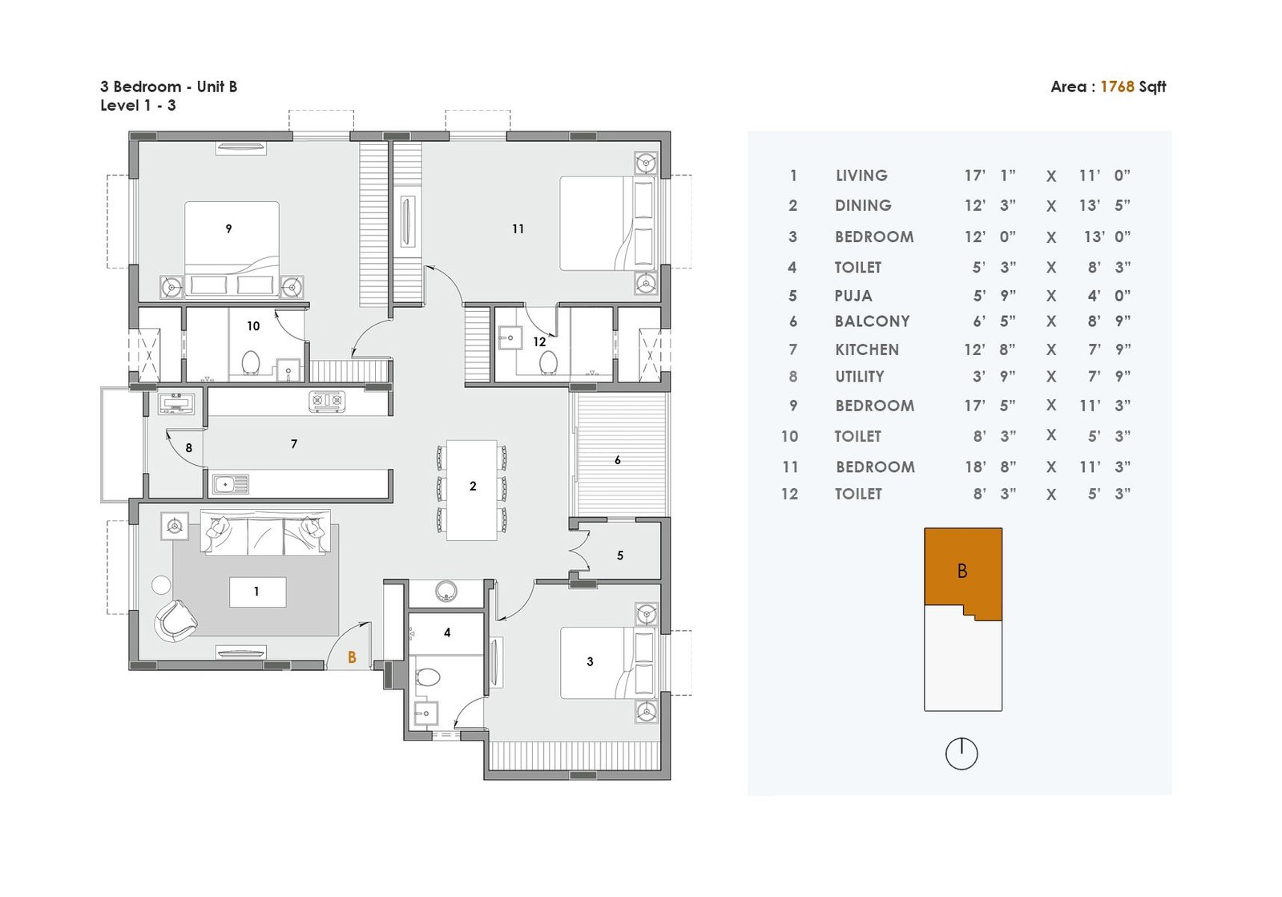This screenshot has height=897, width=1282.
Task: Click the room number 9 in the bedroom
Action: (x=228, y=229)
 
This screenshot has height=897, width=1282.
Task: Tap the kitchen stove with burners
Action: (x=328, y=401)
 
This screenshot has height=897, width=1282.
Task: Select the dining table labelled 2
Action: (x=472, y=490)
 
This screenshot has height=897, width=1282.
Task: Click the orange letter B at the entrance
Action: (x=352, y=658)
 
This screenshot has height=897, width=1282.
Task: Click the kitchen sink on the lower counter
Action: (x=231, y=484)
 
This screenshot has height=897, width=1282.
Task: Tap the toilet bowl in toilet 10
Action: (x=251, y=362)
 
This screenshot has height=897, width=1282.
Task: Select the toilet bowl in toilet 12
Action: (x=548, y=362)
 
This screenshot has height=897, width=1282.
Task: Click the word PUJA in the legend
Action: (x=853, y=296)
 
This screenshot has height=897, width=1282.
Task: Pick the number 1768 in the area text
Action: (x=1117, y=87)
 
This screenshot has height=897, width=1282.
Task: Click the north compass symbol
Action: (x=961, y=754)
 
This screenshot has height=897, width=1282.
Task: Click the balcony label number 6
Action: (x=618, y=459)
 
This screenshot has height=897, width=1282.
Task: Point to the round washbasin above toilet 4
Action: (x=445, y=592)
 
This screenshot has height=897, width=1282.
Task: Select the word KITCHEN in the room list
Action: (x=867, y=350)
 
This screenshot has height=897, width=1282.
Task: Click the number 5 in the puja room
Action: (x=620, y=556)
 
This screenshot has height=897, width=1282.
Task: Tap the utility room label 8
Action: (x=189, y=448)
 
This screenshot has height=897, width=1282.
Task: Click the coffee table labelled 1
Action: (x=257, y=592)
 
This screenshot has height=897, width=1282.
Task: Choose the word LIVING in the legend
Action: (x=861, y=176)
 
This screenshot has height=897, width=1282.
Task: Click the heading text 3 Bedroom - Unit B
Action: (x=169, y=87)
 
